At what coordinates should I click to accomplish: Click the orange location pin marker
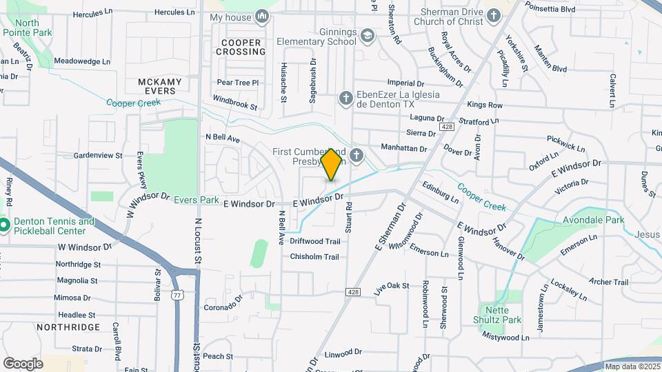tap(332, 164)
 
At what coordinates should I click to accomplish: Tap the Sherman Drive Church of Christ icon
tap(494, 15)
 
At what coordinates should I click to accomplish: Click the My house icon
tap(261, 17)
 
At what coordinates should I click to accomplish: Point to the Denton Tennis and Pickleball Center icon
tap(3, 225)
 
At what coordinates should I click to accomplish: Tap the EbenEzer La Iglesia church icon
tap(346, 99)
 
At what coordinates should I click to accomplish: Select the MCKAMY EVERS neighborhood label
tap(160, 87)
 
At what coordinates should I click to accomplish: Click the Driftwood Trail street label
tap(315, 241)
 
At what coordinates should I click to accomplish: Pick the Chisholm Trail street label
tap(314, 257)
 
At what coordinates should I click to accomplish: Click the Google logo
tap(23, 363)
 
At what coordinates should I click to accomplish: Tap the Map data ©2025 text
tap(631, 366)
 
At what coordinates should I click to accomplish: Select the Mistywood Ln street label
tap(505, 338)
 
